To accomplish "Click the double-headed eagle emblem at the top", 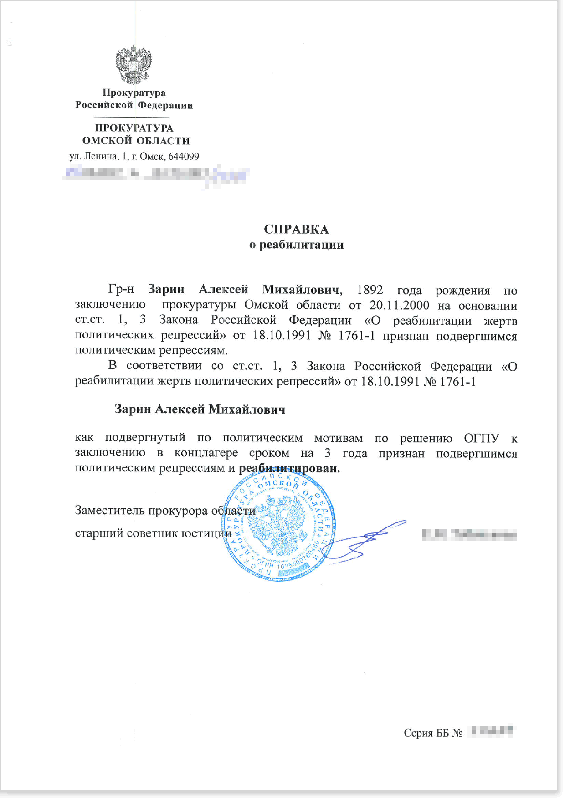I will [x=134, y=65].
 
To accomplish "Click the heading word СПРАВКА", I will [x=296, y=229].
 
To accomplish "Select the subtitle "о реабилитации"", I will [x=296, y=245].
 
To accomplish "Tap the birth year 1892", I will [x=370, y=290].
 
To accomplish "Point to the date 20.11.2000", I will [x=399, y=305].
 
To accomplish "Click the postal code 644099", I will [x=184, y=157].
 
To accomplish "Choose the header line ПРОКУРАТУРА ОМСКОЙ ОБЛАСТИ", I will [x=135, y=135].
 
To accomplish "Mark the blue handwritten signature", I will [x=365, y=542].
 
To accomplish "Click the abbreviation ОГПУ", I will [x=482, y=438].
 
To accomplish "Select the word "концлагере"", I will [x=206, y=453].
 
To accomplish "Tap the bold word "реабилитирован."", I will [x=289, y=468].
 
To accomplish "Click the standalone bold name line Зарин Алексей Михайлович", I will [x=200, y=409].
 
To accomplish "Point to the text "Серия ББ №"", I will [x=433, y=733].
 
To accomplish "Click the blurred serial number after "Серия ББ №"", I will [x=492, y=731].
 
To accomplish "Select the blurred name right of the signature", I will [x=469, y=534].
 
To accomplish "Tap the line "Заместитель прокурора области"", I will [x=165, y=511].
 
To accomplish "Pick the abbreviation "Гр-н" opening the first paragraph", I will [x=121, y=290].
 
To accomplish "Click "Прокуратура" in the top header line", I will [x=134, y=93].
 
